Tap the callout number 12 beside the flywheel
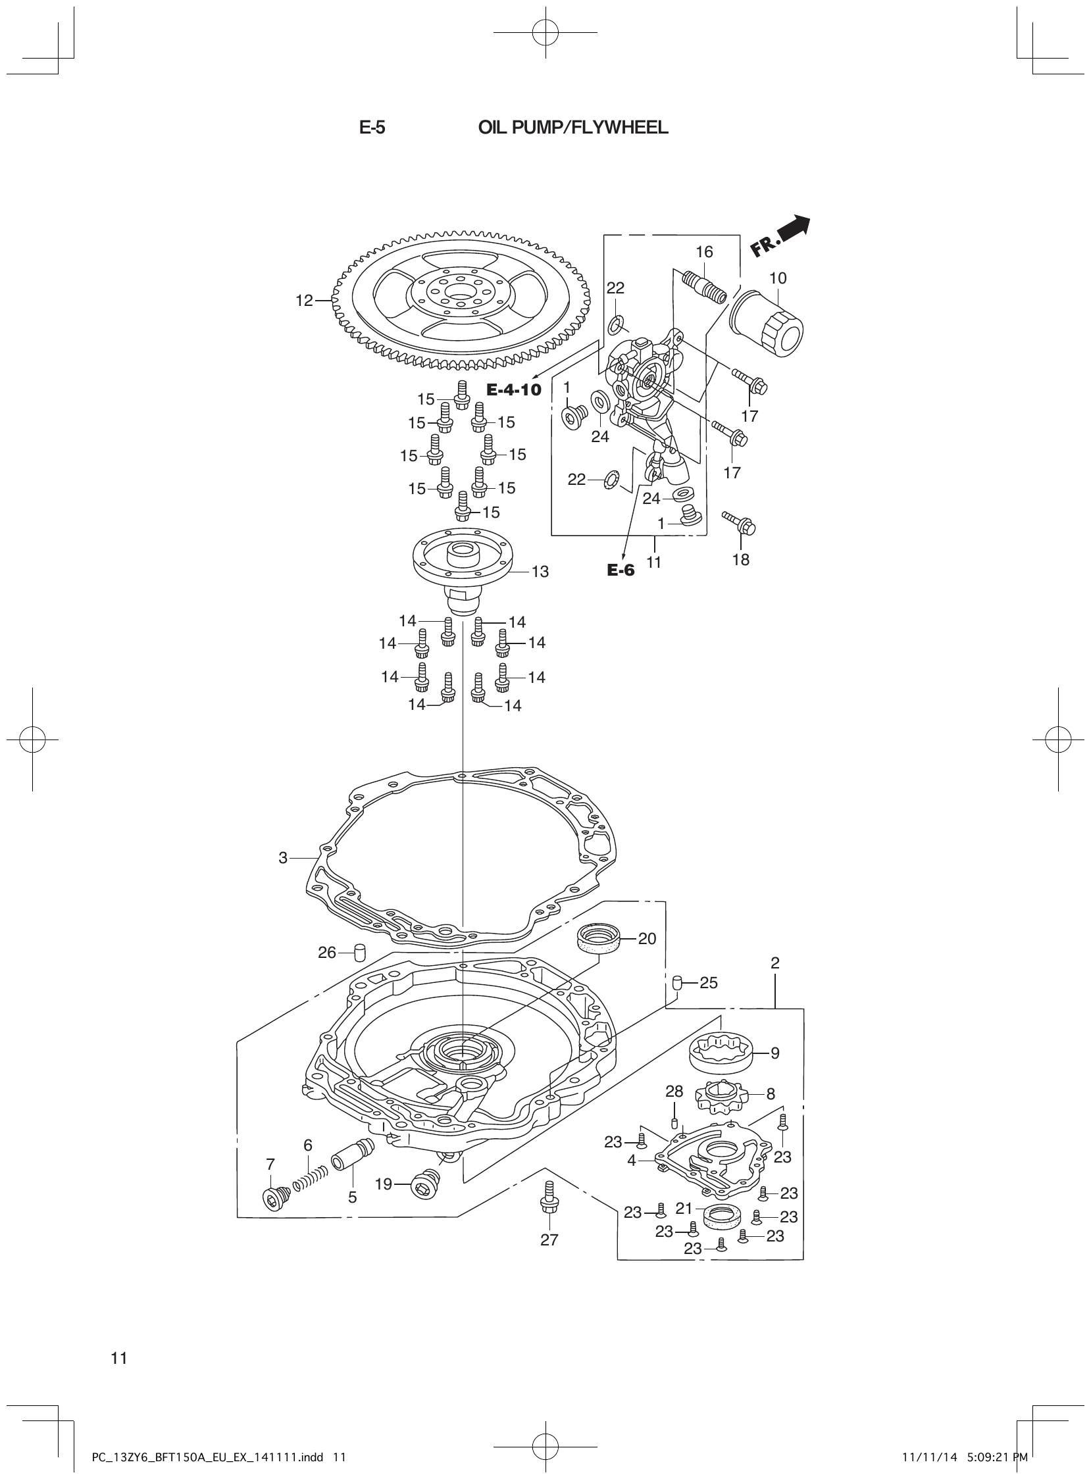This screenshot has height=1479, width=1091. [304, 301]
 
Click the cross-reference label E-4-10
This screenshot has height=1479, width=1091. [514, 389]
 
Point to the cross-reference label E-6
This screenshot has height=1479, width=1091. [621, 570]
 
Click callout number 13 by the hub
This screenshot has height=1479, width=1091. [540, 572]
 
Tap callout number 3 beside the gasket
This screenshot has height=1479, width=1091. [283, 858]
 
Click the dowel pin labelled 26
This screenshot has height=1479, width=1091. [360, 953]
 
